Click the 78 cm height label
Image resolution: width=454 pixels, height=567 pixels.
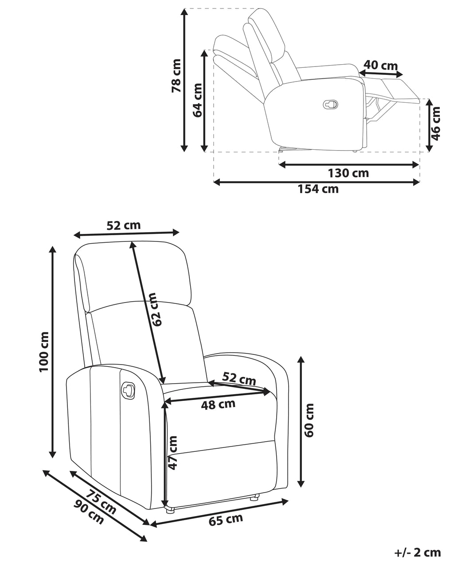(x=176, y=75)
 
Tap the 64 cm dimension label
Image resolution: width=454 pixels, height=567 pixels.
(x=197, y=100)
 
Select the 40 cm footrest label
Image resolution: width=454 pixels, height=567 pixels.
(x=380, y=65)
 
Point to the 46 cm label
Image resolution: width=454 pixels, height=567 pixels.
(x=435, y=123)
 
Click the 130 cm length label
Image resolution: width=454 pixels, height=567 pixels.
(x=348, y=173)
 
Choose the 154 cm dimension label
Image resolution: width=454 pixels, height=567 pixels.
(x=318, y=189)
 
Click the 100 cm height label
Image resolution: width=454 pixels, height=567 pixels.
(x=44, y=352)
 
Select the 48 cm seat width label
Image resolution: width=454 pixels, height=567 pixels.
(x=218, y=404)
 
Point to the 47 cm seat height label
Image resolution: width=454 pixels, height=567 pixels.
(x=173, y=453)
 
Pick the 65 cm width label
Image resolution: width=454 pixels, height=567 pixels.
(x=226, y=518)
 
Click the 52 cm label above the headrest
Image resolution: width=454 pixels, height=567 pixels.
(x=123, y=225)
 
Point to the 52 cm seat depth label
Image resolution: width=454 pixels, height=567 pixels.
(x=239, y=378)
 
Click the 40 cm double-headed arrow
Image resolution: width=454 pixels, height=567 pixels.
(x=381, y=74)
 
